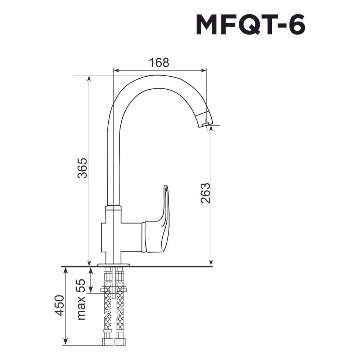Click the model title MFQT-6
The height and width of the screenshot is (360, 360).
click(x=251, y=25)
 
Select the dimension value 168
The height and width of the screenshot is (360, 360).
click(x=159, y=62)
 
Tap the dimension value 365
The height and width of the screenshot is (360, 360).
click(x=82, y=168)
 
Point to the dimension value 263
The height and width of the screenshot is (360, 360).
click(x=205, y=193)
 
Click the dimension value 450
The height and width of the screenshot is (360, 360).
click(x=59, y=305)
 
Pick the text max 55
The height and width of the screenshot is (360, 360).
click(x=81, y=300)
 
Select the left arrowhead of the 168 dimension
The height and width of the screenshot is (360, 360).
click(x=117, y=71)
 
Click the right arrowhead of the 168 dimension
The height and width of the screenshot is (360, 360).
click(x=203, y=71)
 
